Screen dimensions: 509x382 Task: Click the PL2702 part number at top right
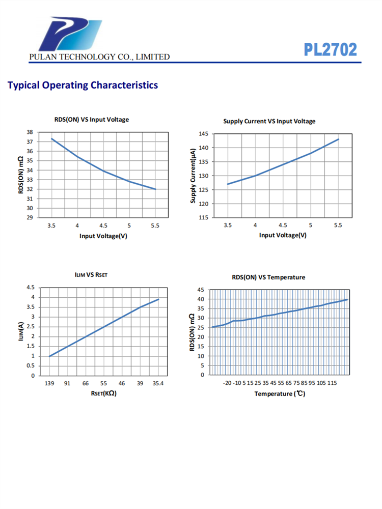pos(331,49)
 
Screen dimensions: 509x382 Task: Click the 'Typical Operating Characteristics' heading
pos(83,85)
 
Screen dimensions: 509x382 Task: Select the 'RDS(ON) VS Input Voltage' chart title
pos(92,120)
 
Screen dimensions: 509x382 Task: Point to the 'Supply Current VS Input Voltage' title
pos(269,121)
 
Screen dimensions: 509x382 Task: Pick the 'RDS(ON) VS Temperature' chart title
pos(268,277)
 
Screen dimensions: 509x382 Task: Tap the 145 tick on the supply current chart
pos(203,134)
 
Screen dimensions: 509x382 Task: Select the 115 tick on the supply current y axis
pos(203,218)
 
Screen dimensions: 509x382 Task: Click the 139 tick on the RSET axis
pos(49,383)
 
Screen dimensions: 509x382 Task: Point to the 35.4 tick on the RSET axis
pos(158,383)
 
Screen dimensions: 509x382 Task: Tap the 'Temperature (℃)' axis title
pos(280,394)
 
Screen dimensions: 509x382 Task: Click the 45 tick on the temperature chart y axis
pos(201,290)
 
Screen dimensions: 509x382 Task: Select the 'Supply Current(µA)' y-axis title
pos(193,176)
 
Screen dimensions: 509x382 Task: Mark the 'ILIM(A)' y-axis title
pos(21,331)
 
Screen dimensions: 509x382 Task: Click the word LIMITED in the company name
pos(151,57)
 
